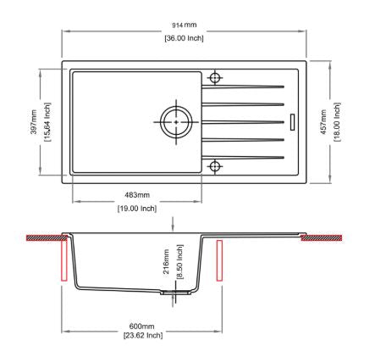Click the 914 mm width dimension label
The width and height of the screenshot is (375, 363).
pos(185,25)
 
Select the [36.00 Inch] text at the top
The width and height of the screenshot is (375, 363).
pos(184,38)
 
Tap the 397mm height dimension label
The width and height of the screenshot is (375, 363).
pos(34,122)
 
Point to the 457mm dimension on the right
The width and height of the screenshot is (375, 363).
pos(323,122)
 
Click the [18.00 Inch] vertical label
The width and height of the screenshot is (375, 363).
pos(337,122)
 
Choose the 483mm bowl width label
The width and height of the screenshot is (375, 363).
pos(137,195)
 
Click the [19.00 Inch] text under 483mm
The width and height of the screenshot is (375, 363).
pos(137,209)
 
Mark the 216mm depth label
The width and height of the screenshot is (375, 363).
pos(166,261)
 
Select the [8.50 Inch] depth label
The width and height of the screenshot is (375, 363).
pos(179,262)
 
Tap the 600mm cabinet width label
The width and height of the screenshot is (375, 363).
pos(141,327)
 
